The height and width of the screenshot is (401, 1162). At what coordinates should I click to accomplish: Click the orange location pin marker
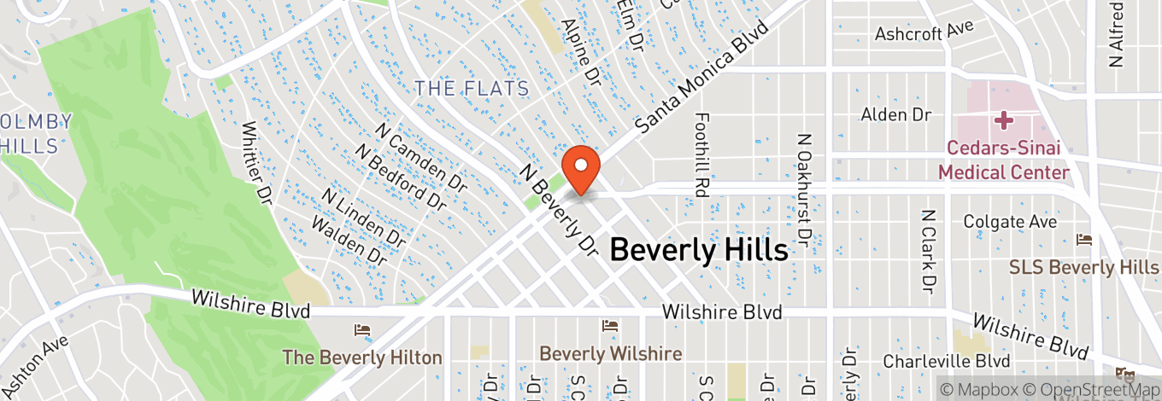coord(581,168)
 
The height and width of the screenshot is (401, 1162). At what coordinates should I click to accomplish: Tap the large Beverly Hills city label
coord(698,250)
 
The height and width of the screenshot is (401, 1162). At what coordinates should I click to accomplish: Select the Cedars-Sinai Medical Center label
coord(1004,160)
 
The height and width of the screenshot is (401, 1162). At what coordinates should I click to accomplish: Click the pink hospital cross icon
coord(1004,120)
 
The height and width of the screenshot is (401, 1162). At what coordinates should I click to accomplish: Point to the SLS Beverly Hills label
coord(1083,267)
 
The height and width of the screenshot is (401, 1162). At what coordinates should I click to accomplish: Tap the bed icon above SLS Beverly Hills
coord(1084,238)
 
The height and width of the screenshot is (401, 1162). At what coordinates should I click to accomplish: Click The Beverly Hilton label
coord(362,357)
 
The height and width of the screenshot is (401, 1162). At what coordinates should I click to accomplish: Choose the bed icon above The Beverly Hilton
coord(362,329)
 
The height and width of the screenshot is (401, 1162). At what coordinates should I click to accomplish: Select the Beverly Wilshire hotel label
coord(610,353)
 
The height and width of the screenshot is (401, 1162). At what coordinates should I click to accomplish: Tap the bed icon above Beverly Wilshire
coord(609,325)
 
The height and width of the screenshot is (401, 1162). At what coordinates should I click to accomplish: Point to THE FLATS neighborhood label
coord(472,88)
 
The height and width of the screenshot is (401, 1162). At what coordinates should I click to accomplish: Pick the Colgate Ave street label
coord(1010,222)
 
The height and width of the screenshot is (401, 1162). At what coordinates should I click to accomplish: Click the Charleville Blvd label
coord(947,361)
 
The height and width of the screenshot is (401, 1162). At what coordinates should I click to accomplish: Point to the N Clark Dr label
coord(929,249)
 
